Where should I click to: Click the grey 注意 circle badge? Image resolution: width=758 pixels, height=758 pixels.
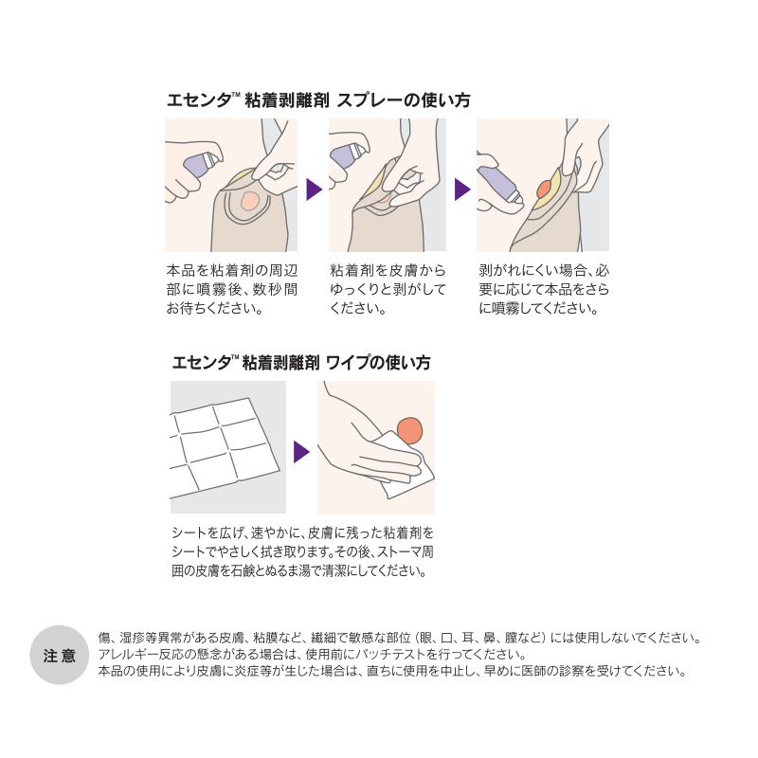tap(60, 655)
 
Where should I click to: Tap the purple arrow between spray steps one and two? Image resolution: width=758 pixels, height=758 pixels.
tap(314, 189)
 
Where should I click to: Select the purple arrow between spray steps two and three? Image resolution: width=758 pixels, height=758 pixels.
tap(462, 189)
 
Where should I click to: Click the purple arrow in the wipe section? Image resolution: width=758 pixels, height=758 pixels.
tap(301, 452)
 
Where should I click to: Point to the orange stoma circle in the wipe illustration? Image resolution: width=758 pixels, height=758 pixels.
tap(409, 431)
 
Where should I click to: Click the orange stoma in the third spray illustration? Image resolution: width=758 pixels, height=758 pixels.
tap(544, 189)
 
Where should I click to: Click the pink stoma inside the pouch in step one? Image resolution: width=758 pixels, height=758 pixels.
tap(249, 200)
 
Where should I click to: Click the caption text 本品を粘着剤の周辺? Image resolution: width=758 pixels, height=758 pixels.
tap(232, 270)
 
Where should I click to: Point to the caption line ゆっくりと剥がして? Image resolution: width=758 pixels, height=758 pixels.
tap(388, 289)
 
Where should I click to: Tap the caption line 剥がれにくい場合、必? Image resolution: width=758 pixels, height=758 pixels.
tap(544, 270)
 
